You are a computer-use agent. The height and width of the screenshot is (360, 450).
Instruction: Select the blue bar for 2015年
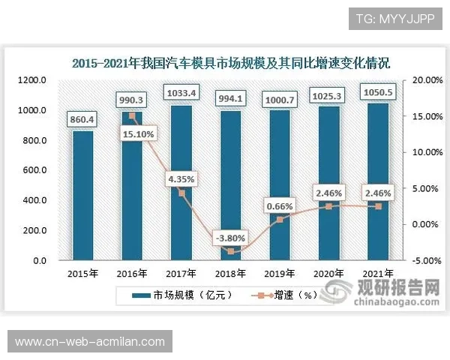pyautogui.click(x=82, y=195)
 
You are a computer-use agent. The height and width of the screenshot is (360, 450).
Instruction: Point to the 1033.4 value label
pyautogui.click(x=181, y=93)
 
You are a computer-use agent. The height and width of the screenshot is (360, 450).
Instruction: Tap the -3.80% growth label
pyautogui.click(x=230, y=238)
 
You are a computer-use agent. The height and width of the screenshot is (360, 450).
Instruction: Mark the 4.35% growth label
pyautogui.click(x=181, y=179)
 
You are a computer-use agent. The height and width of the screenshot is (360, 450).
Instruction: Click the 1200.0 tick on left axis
pyautogui.click(x=33, y=80)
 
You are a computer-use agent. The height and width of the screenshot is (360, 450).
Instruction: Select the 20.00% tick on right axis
pyautogui.click(x=418, y=80)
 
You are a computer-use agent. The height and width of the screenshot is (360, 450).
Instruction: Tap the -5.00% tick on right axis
pyautogui.click(x=418, y=261)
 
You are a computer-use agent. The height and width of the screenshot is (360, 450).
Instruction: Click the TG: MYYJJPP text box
pyautogui.click(x=395, y=18)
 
